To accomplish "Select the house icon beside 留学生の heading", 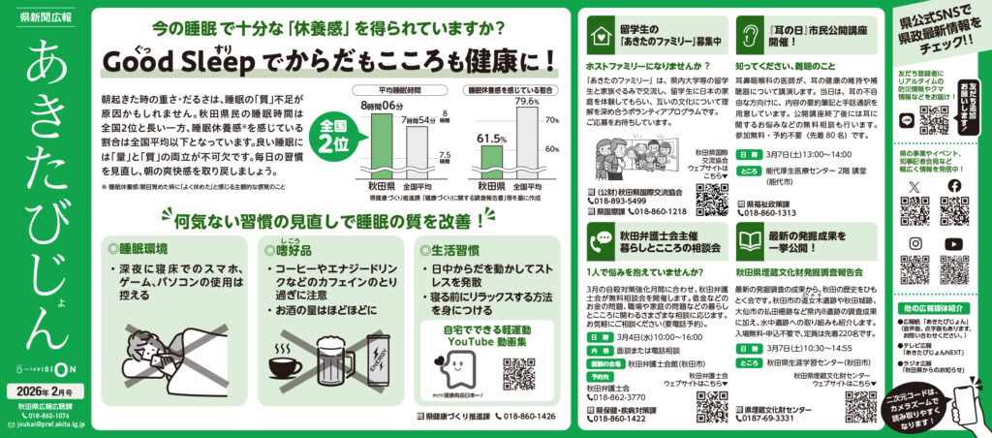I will click(x=599, y=37).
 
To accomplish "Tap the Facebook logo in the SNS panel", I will click(x=954, y=186).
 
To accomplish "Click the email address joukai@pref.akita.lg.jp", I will click(x=45, y=424).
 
